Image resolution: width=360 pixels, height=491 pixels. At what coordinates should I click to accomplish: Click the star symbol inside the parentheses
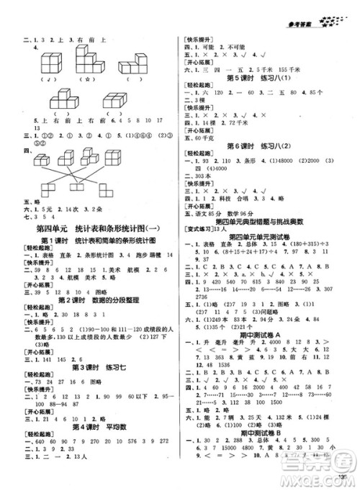coord(91,79)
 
